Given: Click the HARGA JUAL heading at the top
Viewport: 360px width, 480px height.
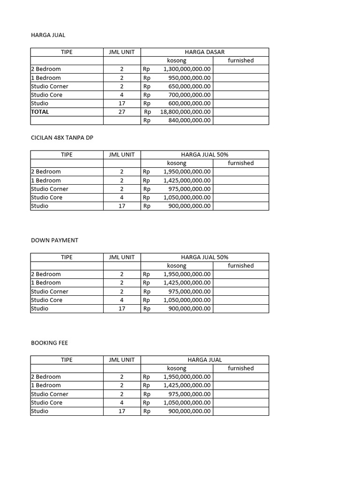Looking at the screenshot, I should (x=48, y=35).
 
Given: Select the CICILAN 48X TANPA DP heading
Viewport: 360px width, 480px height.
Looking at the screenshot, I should (x=65, y=137).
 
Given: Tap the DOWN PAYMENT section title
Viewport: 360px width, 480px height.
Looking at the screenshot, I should (x=54, y=240).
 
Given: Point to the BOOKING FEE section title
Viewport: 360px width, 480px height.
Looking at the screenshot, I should (x=49, y=343).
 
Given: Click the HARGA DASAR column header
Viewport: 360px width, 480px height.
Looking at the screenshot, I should (x=205, y=52).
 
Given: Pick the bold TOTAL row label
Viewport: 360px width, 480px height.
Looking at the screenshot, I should (x=40, y=112).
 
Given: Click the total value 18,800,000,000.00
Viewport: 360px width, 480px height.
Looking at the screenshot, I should (x=185, y=112).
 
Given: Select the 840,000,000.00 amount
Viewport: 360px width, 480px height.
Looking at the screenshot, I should (x=189, y=120).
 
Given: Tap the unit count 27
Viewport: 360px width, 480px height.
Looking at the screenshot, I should (x=122, y=112).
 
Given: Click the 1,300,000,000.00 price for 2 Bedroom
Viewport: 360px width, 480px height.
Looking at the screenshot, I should (x=187, y=69).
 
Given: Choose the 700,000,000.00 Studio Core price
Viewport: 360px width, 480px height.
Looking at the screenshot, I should (x=189, y=95).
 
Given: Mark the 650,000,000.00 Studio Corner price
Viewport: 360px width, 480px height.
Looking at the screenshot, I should (x=189, y=86).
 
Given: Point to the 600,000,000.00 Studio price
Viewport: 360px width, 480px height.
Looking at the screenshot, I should (x=189, y=103).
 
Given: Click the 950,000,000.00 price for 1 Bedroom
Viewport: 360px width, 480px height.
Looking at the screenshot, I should (x=189, y=78).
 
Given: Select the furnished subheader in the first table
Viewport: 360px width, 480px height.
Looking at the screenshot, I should (x=240, y=60).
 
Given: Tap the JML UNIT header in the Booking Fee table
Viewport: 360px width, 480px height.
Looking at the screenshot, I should (x=122, y=360).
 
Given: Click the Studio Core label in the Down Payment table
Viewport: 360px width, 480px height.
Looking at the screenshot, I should (x=47, y=300).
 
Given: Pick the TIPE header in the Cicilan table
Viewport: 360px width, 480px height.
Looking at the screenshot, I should (x=67, y=155).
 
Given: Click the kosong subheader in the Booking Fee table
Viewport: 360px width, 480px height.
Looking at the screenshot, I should (x=177, y=368).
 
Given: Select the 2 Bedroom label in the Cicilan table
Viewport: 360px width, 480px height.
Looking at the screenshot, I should (x=46, y=172).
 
